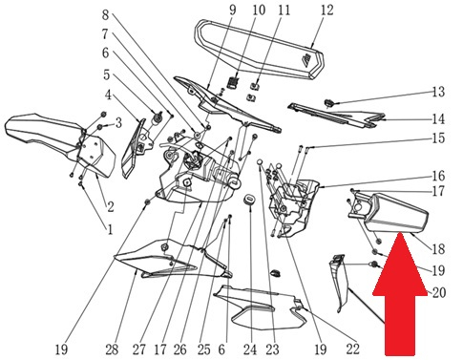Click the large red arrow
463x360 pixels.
pyautogui.click(x=400, y=294)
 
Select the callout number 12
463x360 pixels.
pyautogui.click(x=326, y=11)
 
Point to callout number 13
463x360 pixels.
pyautogui.click(x=438, y=92)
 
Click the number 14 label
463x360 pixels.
pyautogui.click(x=438, y=119)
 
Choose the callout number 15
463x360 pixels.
pyautogui.click(x=438, y=138)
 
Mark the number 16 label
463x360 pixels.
pyautogui.click(x=438, y=176)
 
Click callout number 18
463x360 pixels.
pyautogui.click(x=438, y=249)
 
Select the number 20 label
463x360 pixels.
pyautogui.click(x=439, y=292)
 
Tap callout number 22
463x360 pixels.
pyautogui.click(x=352, y=349)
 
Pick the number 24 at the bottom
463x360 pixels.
pyautogui.click(x=250, y=349)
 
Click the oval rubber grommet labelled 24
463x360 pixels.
pyautogui.click(x=249, y=200)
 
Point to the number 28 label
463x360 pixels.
pyautogui.click(x=112, y=349)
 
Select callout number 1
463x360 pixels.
pyautogui.click(x=110, y=229)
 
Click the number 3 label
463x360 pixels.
pyautogui.click(x=118, y=122)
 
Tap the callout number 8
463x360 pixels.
pyautogui.click(x=106, y=15)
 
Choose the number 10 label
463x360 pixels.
pyautogui.click(x=259, y=11)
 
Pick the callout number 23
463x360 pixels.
pyautogui.click(x=272, y=349)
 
